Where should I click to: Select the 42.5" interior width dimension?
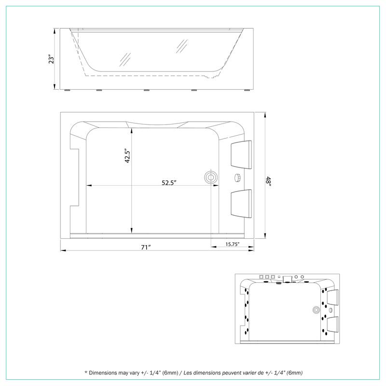tap(127, 156)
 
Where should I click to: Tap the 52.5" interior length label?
tap(168, 182)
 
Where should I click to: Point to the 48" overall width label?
tap(268, 182)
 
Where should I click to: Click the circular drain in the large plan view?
tap(211, 177)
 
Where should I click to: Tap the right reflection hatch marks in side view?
tap(181, 46)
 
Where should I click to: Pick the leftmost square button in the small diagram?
tap(261, 277)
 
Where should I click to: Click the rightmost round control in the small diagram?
tap(303, 276)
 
